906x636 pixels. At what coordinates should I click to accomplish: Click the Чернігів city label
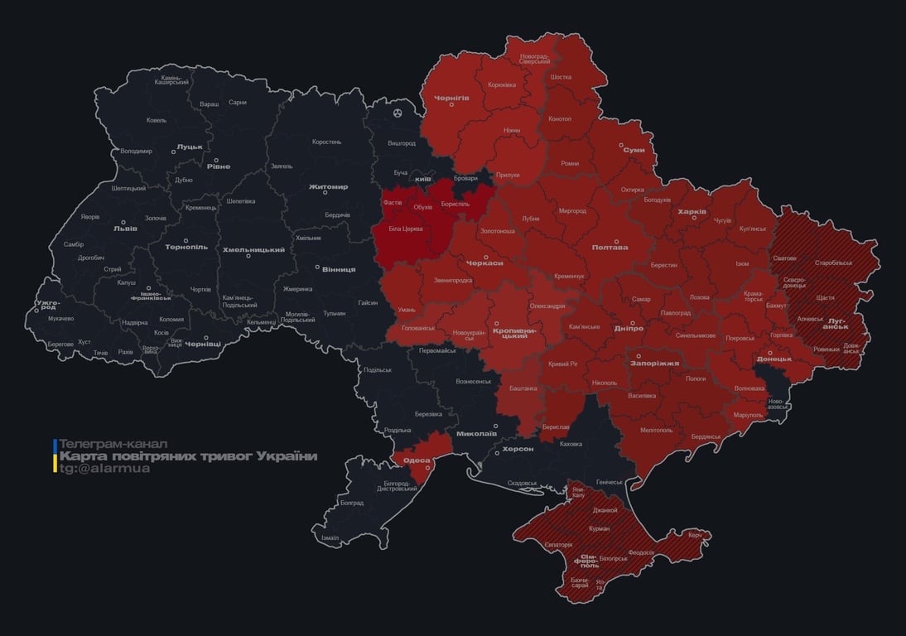(451, 97)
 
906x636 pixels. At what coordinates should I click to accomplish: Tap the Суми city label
(634, 150)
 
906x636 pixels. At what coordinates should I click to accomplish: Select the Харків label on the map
(692, 212)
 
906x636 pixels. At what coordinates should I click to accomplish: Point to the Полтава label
(610, 247)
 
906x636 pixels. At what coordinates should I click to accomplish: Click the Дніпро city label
(629, 329)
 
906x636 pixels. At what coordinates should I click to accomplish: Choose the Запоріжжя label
(654, 363)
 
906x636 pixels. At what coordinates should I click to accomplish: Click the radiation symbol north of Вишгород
(398, 112)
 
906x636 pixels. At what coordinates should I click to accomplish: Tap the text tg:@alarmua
(104, 469)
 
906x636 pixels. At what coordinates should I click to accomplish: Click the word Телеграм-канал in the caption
(113, 445)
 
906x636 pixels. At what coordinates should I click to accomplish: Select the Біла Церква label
(406, 228)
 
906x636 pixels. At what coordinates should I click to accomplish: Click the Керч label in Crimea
(694, 535)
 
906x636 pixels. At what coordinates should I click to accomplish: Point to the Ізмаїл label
(330, 537)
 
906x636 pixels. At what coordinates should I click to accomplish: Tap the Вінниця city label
(338, 269)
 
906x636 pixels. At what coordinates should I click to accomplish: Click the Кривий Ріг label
(563, 364)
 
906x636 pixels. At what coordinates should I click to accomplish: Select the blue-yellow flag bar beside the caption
(55, 456)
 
